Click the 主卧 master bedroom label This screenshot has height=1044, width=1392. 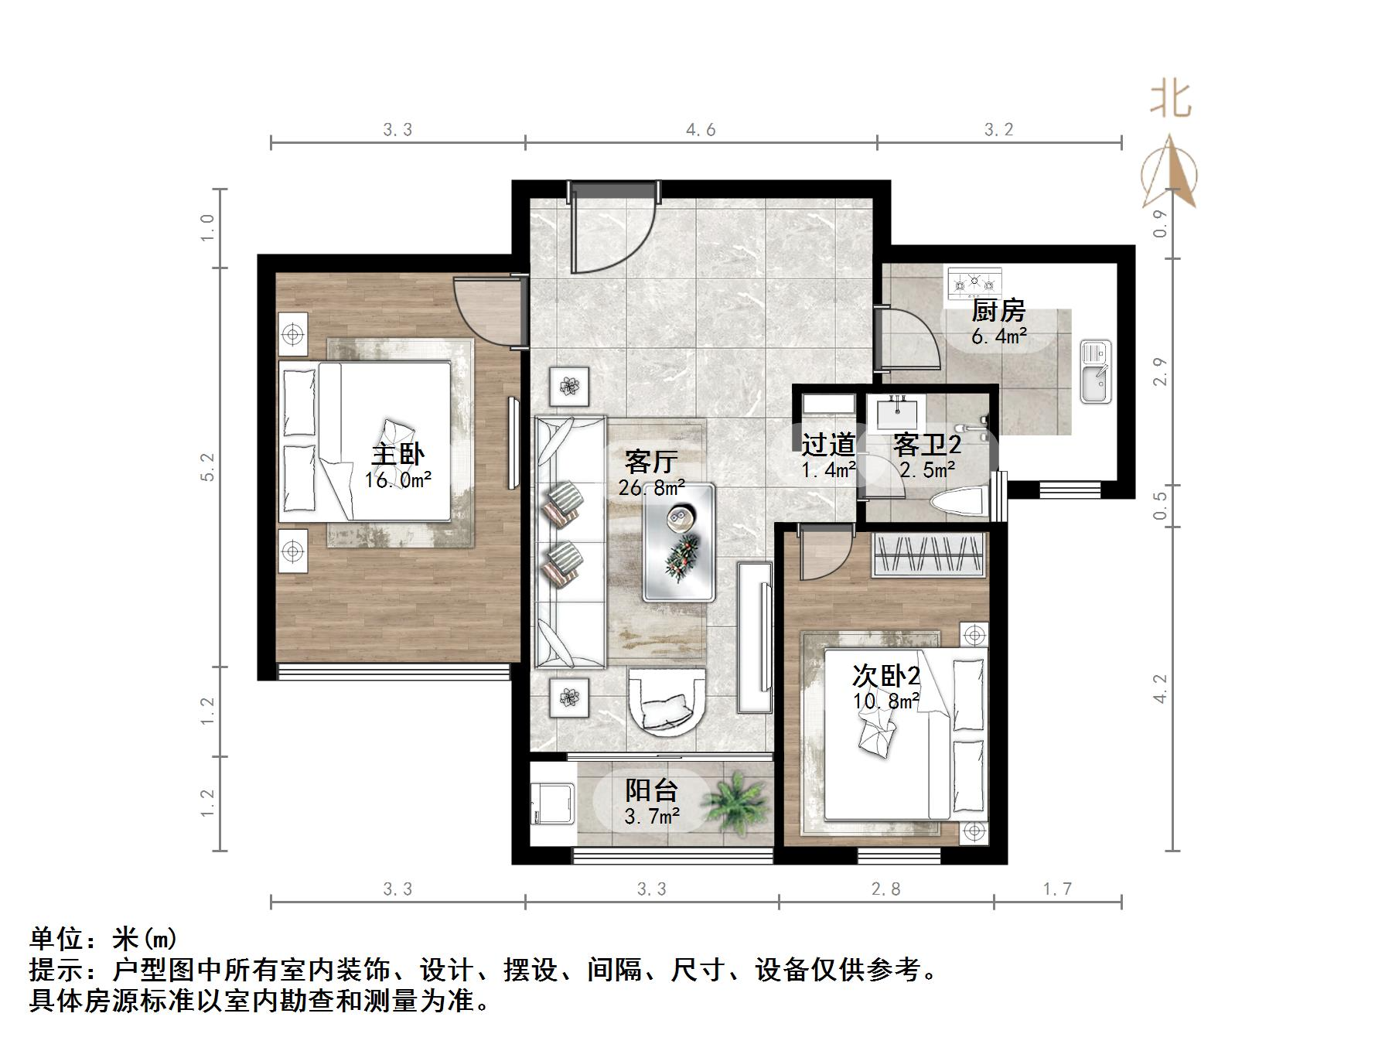(397, 454)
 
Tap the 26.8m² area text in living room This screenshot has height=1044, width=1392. (651, 488)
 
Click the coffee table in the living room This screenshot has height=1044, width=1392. (678, 542)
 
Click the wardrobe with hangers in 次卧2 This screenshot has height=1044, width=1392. (929, 554)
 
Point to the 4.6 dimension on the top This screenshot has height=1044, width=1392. (701, 130)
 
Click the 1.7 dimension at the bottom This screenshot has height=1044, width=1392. (1057, 889)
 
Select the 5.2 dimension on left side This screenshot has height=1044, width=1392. (206, 467)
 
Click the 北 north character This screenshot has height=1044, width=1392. (1170, 100)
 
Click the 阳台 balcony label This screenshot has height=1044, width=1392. (651, 790)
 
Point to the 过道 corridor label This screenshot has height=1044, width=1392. (827, 445)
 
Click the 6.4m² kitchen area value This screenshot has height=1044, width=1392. (999, 336)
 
